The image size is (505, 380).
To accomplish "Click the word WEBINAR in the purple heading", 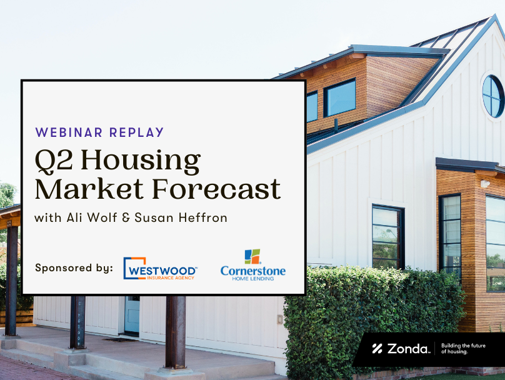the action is point(69,132).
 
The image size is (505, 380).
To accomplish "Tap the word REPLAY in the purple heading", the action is point(136,132).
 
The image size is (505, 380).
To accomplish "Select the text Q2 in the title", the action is point(54,160).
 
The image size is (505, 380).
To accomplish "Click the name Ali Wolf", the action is point(91,217).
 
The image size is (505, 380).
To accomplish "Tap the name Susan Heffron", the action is point(181,217).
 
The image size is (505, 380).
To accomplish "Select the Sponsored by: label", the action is point(74,268).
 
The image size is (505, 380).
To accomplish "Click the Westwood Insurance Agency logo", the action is point(160,268).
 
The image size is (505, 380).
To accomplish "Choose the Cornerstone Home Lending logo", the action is point(253,265).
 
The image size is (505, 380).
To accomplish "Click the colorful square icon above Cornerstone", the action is point(252,256).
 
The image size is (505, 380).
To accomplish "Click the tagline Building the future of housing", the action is point(463,349).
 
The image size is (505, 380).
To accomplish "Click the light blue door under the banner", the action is point(132,314).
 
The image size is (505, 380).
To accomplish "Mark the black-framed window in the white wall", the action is point(388,237).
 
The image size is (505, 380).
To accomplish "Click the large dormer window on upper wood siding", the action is point(339,97).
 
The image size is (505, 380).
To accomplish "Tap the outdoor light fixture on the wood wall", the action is point(485,184).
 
